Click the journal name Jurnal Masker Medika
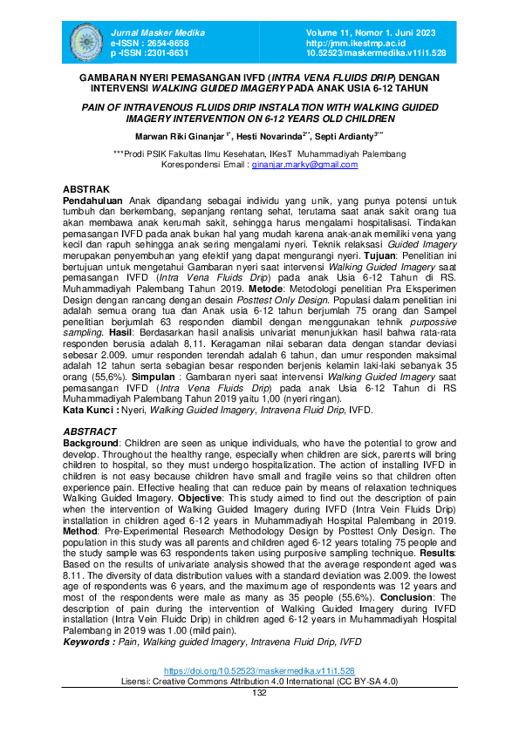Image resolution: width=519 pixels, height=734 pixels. [x=146, y=31]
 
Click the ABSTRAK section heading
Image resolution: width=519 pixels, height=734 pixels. [x=85, y=189]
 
